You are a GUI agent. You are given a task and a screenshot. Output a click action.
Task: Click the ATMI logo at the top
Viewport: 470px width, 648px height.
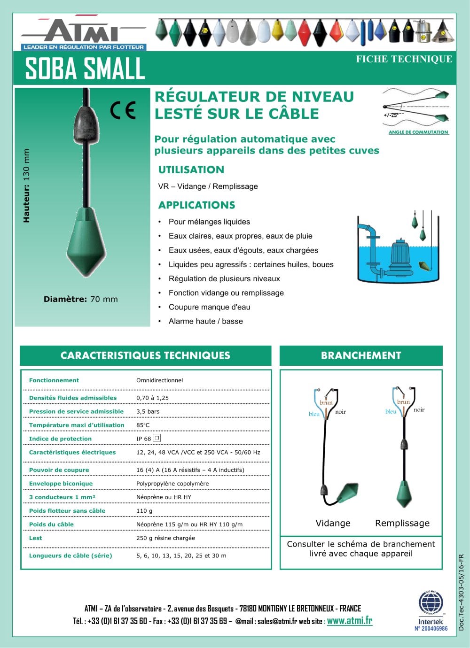[x=83, y=33]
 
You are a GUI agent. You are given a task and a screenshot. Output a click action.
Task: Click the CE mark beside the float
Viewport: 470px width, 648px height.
[x=123, y=110]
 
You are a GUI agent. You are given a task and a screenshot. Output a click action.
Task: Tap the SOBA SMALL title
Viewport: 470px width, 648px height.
[x=85, y=69]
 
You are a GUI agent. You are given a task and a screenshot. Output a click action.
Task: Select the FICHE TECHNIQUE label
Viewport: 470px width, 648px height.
[x=404, y=59]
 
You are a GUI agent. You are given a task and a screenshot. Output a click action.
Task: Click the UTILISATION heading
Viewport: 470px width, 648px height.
[x=191, y=170]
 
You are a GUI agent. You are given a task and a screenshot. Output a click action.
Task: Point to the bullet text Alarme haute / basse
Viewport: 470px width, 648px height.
[x=205, y=321]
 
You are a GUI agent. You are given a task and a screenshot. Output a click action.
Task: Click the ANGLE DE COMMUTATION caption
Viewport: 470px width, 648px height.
[x=418, y=132]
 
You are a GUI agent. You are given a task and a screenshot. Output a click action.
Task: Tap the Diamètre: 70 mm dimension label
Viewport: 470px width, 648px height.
[x=80, y=299]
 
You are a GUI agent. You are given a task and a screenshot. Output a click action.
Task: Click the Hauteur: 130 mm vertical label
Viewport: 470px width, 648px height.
[x=26, y=185]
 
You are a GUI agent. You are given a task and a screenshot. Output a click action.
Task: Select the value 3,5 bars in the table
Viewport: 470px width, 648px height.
[x=148, y=411]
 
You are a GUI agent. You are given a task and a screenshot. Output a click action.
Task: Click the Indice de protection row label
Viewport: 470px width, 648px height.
[x=60, y=439]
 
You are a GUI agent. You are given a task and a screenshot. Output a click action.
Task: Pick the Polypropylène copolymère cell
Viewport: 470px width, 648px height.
[x=172, y=484]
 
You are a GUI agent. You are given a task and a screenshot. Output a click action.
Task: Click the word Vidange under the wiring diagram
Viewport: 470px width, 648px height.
[x=333, y=523]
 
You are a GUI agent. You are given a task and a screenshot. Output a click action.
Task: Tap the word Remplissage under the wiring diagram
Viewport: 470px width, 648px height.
[x=402, y=523]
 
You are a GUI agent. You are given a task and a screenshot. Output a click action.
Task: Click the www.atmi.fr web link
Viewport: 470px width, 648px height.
[x=349, y=621]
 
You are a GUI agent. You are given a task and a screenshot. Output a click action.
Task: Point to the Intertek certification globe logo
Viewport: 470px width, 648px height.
[x=431, y=603]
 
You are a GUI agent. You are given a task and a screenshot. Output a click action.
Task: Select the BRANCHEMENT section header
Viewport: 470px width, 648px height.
[x=361, y=355]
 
